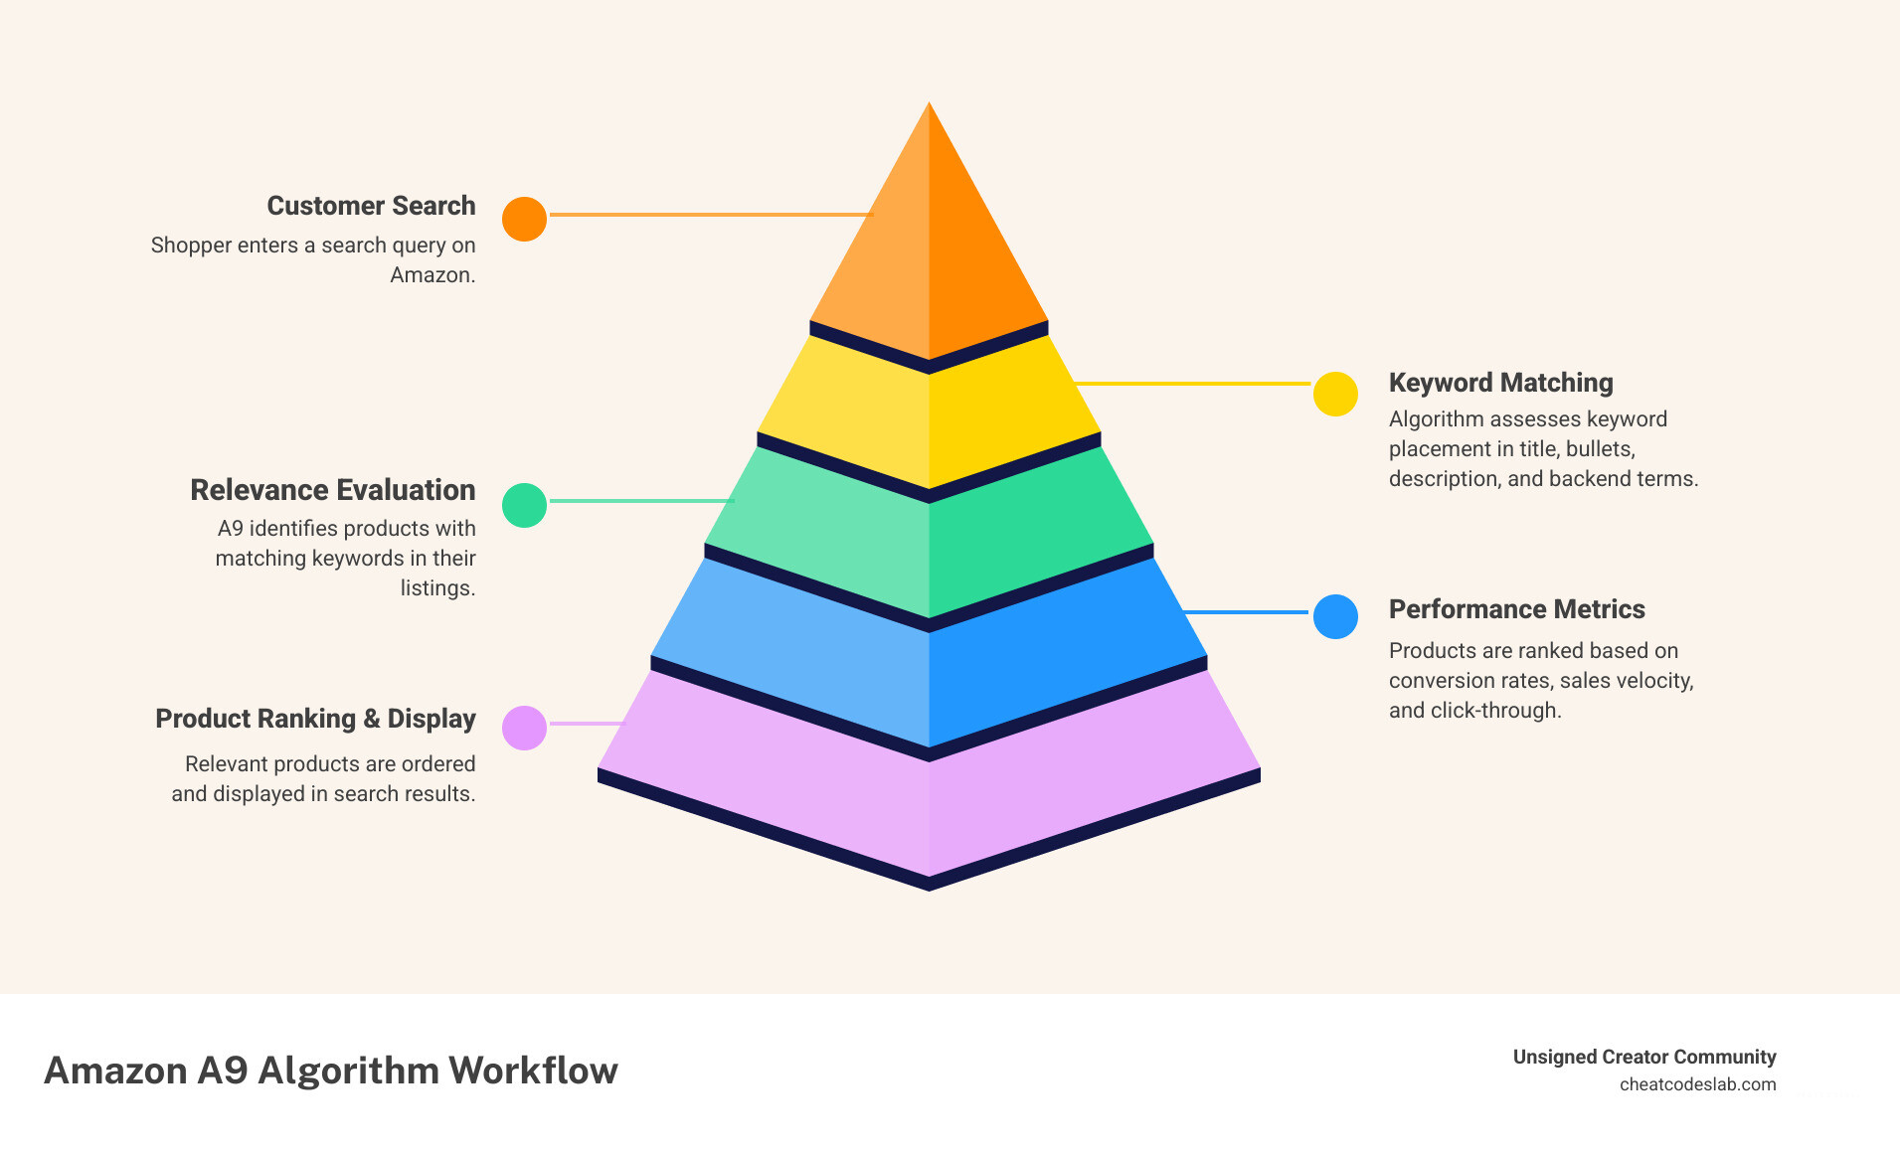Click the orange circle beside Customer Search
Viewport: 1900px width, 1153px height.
pyautogui.click(x=524, y=219)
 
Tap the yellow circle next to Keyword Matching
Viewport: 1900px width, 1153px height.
pyautogui.click(x=1335, y=394)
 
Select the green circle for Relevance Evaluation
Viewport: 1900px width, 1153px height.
pyautogui.click(x=524, y=505)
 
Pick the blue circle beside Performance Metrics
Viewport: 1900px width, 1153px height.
pyautogui.click(x=1335, y=616)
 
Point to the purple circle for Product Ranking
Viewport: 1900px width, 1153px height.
pyautogui.click(x=524, y=728)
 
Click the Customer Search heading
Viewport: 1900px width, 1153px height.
pyautogui.click(x=371, y=206)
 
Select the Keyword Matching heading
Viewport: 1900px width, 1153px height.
pyautogui.click(x=1500, y=383)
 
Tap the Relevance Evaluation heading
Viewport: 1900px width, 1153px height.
pyautogui.click(x=332, y=490)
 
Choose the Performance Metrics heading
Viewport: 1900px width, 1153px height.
pyautogui.click(x=1516, y=609)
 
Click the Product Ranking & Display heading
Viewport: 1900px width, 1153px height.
pyautogui.click(x=315, y=719)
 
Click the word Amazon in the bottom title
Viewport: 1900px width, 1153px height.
pyautogui.click(x=115, y=1071)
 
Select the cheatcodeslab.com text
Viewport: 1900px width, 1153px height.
pyautogui.click(x=1697, y=1084)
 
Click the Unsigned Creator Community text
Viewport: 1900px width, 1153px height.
pyautogui.click(x=1643, y=1057)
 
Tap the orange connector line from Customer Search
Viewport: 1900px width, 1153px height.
pyautogui.click(x=710, y=214)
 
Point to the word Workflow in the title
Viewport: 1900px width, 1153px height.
pyautogui.click(x=533, y=1071)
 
